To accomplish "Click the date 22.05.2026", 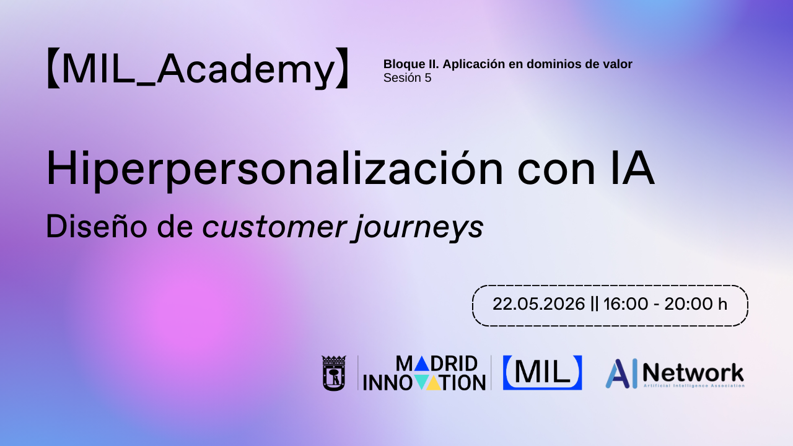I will click(x=538, y=304).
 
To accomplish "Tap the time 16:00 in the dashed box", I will click(x=624, y=304).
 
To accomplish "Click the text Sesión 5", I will click(x=407, y=78).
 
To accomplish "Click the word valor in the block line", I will click(x=617, y=64).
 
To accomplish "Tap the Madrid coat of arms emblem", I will click(x=333, y=373).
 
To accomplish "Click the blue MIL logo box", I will click(x=542, y=372).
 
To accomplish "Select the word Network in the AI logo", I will click(x=693, y=372).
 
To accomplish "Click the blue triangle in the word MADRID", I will click(x=421, y=364).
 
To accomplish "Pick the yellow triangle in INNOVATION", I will click(x=435, y=383).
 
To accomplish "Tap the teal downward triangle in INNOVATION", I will click(x=421, y=383).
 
